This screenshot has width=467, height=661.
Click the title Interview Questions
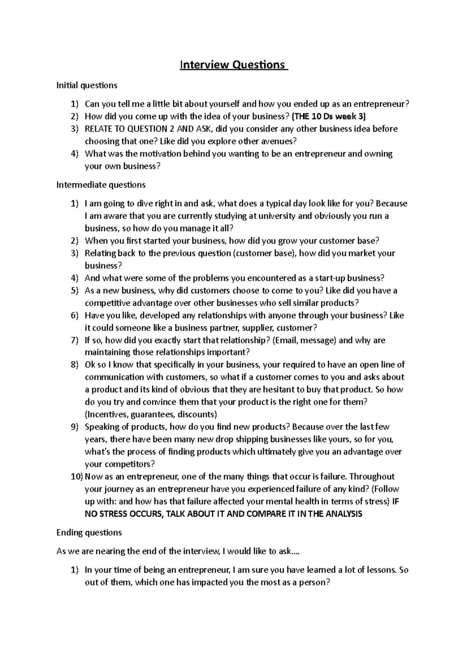pos(233,65)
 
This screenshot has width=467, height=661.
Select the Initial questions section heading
pos(87,85)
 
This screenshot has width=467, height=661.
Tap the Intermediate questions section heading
pos(101,185)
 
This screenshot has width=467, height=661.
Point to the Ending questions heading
pos(89,532)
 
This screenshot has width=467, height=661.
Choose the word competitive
pos(107,303)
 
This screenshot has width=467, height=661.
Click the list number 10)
pos(77,476)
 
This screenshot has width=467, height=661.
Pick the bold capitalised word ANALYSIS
pos(342,514)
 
